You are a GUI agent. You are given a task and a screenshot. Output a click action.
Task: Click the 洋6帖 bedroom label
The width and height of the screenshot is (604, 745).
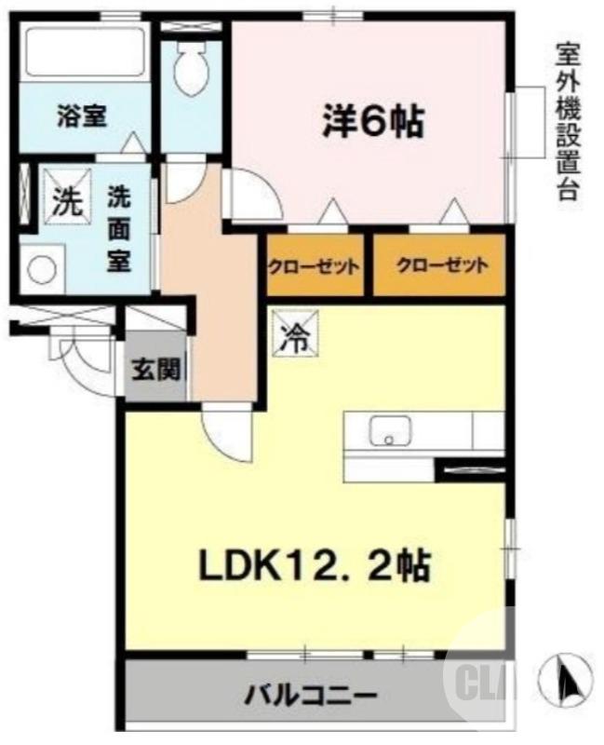coord(373,122)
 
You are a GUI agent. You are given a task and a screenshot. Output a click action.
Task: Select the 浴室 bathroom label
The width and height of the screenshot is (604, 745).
coord(81,116)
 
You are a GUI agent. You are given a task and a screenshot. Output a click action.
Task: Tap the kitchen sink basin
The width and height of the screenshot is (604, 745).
coord(392,431)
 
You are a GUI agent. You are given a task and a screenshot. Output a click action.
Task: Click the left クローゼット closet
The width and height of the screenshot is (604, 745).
coord(315,265)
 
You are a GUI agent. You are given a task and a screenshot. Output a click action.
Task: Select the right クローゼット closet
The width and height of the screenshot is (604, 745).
coord(439,265)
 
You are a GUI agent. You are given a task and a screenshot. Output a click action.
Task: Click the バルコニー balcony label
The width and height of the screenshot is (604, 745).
coord(310,695)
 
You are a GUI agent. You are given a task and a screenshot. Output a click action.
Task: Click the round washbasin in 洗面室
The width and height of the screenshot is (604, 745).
coord(42,269)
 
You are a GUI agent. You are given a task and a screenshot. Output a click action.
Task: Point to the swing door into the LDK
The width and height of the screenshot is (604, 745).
coord(226,430)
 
